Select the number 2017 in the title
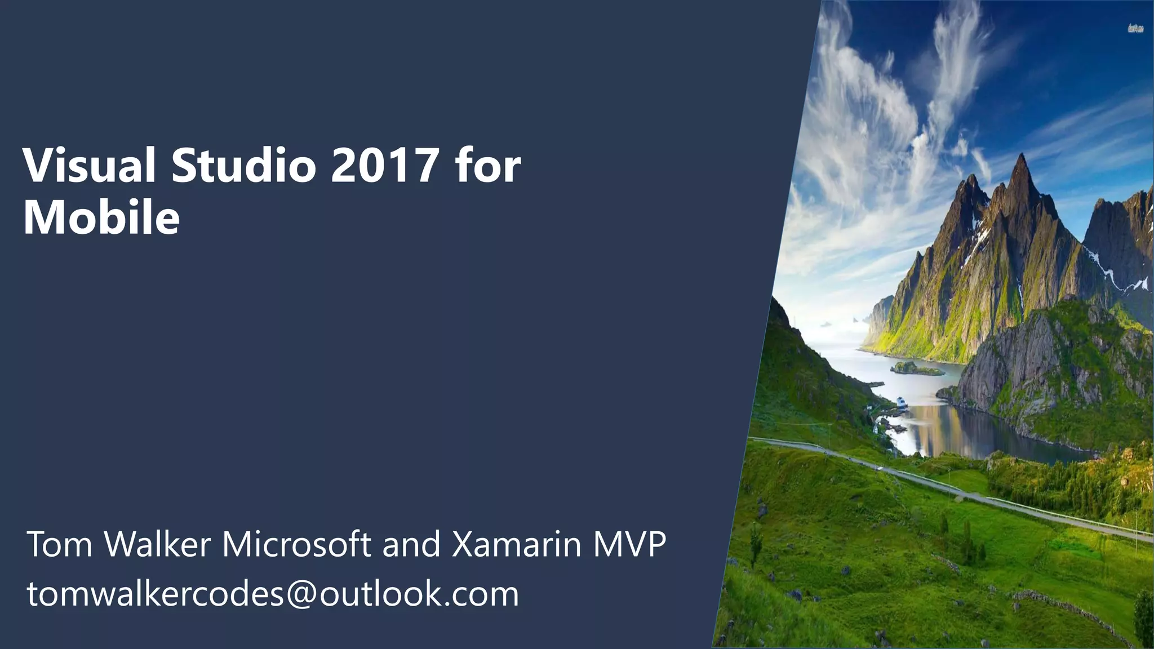tap(384, 166)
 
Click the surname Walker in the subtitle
tap(158, 544)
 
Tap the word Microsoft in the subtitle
tap(296, 544)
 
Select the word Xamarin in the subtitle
tap(516, 544)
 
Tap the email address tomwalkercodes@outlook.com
tap(273, 595)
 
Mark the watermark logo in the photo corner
tap(1135, 28)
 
